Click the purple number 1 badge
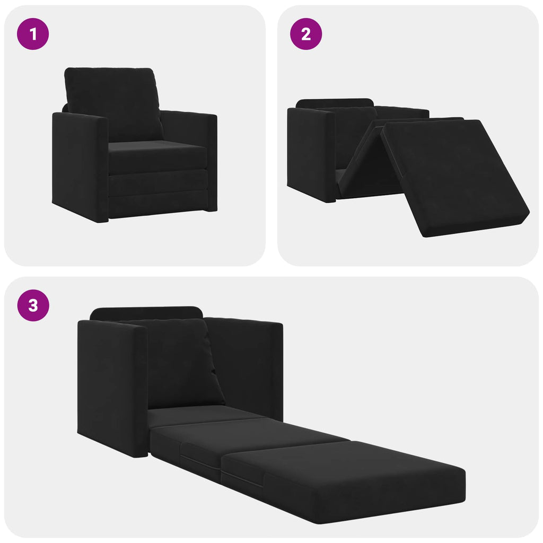[x=33, y=34]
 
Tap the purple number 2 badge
[x=305, y=34]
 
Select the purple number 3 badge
[x=33, y=305]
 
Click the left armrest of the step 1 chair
[x=80, y=164]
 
